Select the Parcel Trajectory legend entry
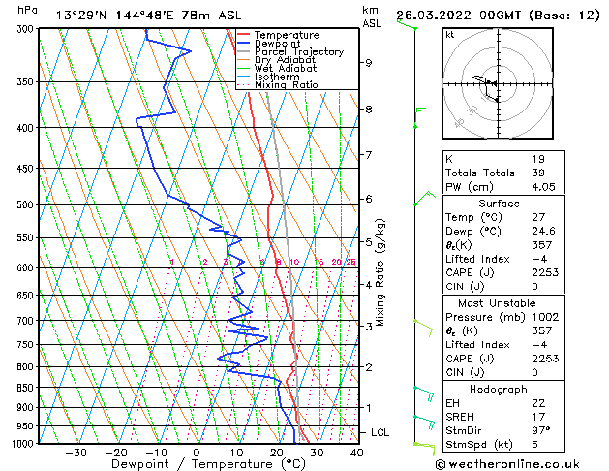tap(292, 52)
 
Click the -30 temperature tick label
tap(76, 453)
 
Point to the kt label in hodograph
tap(450, 35)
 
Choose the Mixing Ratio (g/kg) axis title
tap(381, 272)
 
